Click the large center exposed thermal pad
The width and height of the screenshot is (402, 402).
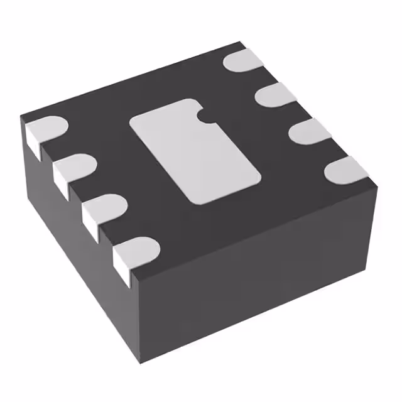pyautogui.click(x=195, y=151)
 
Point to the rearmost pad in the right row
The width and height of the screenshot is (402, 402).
pyautogui.click(x=244, y=61)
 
